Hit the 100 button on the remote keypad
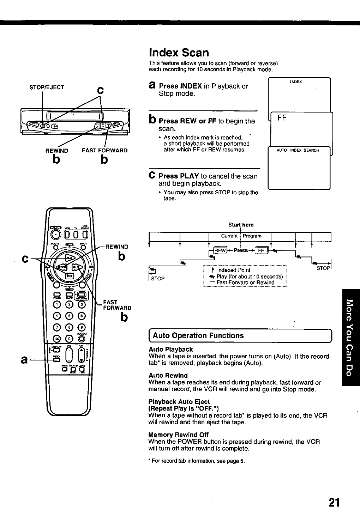(x=56, y=339)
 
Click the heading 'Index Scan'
(x=179, y=53)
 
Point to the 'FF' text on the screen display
(x=282, y=118)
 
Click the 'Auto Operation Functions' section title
(x=198, y=335)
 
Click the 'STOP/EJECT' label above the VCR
(x=47, y=87)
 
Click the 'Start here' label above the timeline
(x=241, y=225)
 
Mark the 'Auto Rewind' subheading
(x=168, y=375)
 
